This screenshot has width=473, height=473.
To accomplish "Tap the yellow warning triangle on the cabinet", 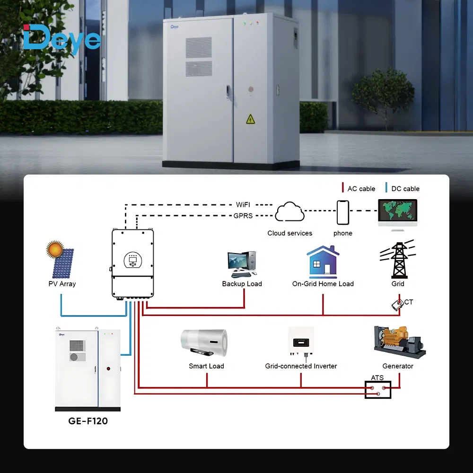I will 250,119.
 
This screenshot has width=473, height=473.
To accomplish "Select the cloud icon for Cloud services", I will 289,211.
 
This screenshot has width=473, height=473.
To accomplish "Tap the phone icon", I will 343,212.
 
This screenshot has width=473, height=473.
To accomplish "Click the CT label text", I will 409,302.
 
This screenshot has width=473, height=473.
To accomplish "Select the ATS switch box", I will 378,390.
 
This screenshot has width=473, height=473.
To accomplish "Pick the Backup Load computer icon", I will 242,264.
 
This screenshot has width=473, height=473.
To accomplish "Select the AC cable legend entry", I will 359,189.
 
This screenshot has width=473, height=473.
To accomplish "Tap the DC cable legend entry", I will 403,189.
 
